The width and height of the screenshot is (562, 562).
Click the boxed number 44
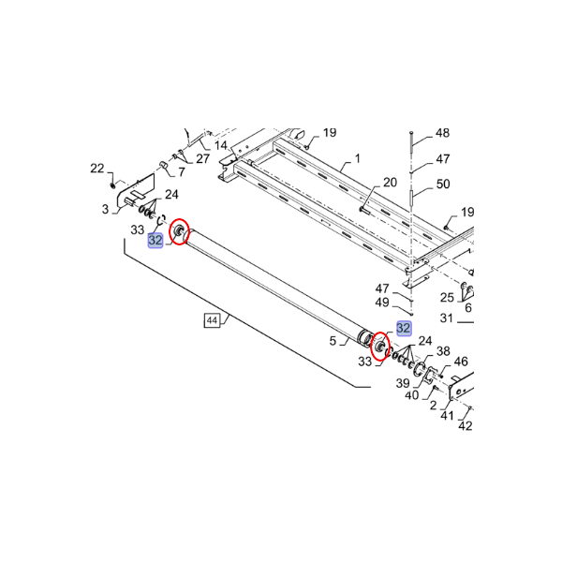coord(213,320)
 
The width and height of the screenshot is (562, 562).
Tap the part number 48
coord(442,133)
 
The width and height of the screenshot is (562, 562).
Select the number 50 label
coord(443,184)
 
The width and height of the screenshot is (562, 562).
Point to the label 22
coord(96,169)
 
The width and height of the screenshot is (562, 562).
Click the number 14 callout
coord(221,145)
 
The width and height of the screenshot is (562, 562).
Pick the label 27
coord(202,159)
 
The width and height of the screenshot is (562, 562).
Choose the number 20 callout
coord(390,183)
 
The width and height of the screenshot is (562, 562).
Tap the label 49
coord(382,303)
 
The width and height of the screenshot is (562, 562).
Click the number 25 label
coord(447,298)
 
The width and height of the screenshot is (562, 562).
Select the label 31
coord(446,318)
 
